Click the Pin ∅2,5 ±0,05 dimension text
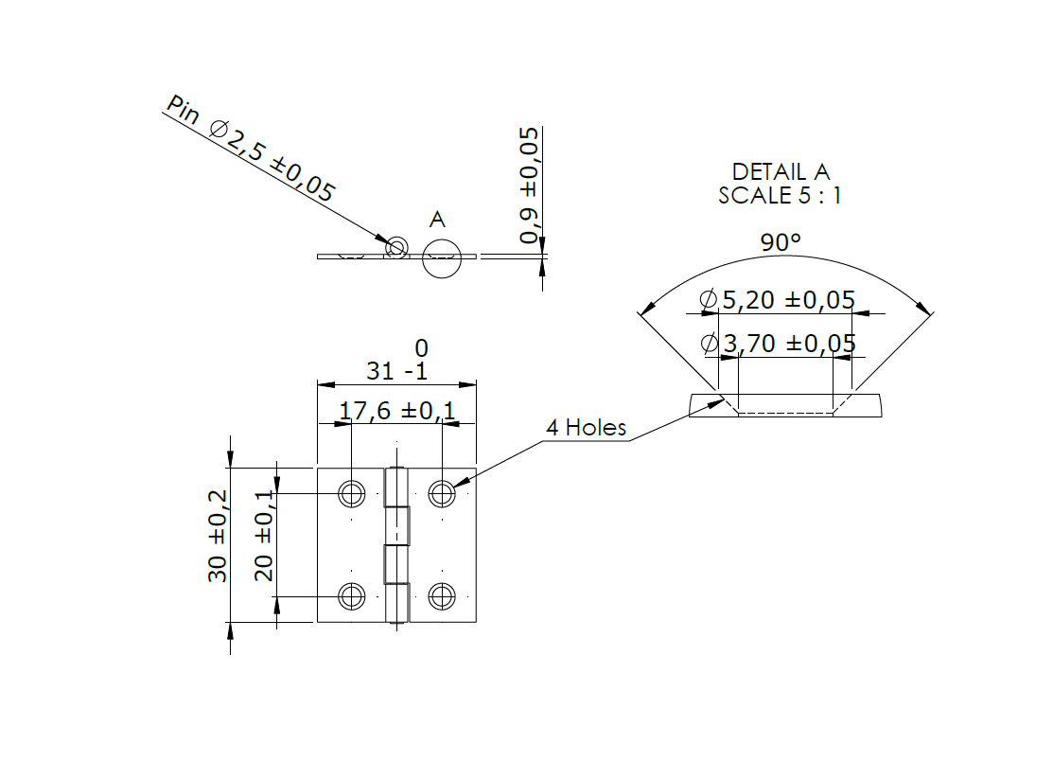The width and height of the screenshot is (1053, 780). pyautogui.click(x=251, y=150)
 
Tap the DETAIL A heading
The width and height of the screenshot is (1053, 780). pyautogui.click(x=781, y=171)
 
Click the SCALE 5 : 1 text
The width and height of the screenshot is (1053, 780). pyautogui.click(x=780, y=196)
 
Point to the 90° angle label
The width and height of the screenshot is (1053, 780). pyautogui.click(x=781, y=242)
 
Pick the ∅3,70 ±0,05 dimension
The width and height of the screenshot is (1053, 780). pyautogui.click(x=778, y=343)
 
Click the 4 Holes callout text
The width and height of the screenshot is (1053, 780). pyautogui.click(x=586, y=428)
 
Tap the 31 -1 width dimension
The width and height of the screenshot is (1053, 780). pyautogui.click(x=396, y=371)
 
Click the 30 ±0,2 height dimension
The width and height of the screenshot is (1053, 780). pyautogui.click(x=218, y=536)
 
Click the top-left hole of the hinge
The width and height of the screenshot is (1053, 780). pyautogui.click(x=352, y=493)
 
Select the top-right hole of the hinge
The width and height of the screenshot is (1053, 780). pyautogui.click(x=442, y=493)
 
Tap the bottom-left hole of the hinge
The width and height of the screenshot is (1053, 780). pyautogui.click(x=352, y=596)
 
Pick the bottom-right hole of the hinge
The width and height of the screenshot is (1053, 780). pyautogui.click(x=442, y=596)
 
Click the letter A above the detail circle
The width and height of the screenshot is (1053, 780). pyautogui.click(x=437, y=220)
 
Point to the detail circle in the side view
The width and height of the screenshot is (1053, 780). pyautogui.click(x=442, y=257)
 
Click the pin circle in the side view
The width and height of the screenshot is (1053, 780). pyautogui.click(x=395, y=248)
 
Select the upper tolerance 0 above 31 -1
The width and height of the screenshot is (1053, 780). pyautogui.click(x=421, y=349)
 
